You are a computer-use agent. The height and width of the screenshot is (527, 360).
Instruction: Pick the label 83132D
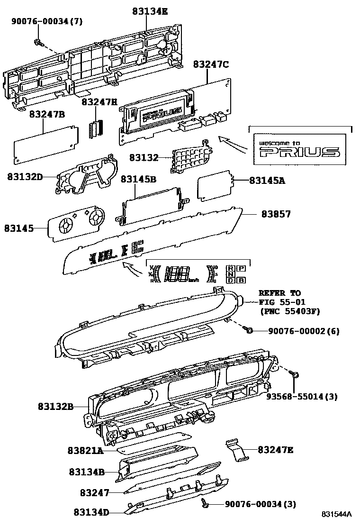pos(25,177)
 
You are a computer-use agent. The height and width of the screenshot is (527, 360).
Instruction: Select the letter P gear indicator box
pos(241,268)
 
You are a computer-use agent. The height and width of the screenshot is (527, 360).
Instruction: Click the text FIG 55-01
pos(282,302)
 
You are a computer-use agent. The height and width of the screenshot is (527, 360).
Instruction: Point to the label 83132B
pos(56,406)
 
